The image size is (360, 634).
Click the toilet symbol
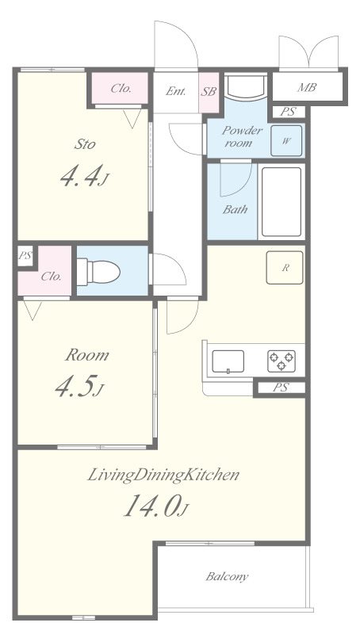98,272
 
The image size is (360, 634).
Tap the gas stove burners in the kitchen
281,361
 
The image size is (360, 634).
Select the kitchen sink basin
228,361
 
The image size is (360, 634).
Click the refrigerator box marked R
285,268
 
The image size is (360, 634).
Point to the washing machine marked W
286,141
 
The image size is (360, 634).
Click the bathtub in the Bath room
281,202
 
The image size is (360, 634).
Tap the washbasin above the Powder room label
246,86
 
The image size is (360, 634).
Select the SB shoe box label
209,91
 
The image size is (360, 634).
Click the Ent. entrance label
176,91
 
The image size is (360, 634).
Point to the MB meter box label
307,87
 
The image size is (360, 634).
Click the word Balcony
227,576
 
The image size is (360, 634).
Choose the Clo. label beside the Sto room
121,89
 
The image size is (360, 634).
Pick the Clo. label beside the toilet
52,277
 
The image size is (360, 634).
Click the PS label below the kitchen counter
280,388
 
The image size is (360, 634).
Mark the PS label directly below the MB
288,112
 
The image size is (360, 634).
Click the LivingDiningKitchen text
163,475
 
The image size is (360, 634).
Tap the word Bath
235,209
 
